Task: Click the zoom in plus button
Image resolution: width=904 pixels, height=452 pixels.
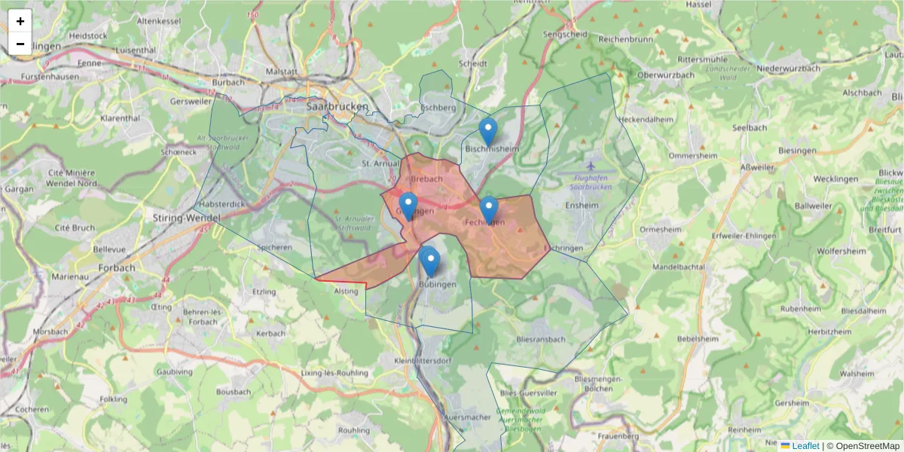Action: click(x=20, y=21)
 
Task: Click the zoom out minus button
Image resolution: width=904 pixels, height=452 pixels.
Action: click(x=20, y=44)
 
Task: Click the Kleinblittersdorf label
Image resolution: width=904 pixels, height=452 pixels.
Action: click(x=422, y=361)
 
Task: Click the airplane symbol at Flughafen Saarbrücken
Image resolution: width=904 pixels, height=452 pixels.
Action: click(x=590, y=165)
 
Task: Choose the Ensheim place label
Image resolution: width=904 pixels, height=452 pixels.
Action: click(x=582, y=204)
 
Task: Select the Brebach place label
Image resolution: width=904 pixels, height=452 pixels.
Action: click(x=426, y=179)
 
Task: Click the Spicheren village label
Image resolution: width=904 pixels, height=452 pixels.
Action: click(x=274, y=247)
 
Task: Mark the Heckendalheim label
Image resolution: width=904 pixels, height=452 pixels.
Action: click(x=646, y=119)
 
